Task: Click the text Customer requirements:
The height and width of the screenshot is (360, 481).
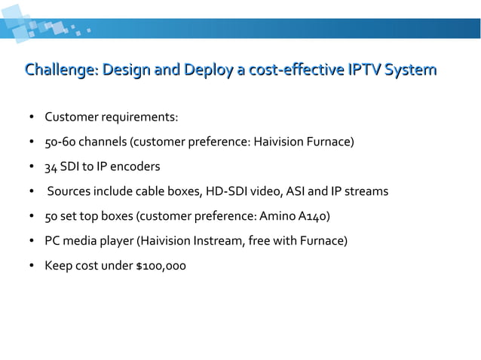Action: [112, 117]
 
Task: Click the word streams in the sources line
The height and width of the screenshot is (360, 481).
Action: [366, 191]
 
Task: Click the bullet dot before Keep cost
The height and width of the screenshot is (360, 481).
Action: [32, 266]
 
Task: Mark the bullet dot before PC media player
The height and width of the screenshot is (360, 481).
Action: [32, 241]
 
